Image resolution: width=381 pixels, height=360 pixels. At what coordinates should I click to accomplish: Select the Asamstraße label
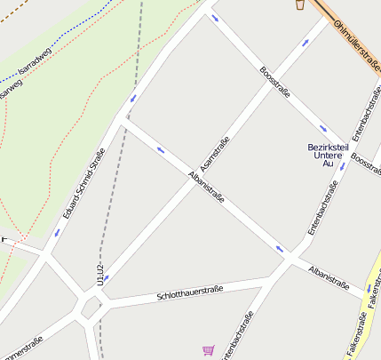(x=215, y=153)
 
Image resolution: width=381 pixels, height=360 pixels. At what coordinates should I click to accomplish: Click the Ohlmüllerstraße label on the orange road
(x=356, y=40)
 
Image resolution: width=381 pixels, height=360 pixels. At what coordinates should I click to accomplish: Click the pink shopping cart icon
(x=208, y=351)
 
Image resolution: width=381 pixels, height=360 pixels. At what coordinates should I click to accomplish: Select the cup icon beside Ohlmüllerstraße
(x=300, y=4)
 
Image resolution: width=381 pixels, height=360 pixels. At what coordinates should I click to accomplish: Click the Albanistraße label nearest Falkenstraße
(x=328, y=276)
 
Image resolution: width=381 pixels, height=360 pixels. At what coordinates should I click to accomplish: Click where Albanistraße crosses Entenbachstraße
(x=290, y=258)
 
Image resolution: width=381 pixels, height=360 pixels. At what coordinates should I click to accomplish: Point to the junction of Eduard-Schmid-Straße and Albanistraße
(x=123, y=122)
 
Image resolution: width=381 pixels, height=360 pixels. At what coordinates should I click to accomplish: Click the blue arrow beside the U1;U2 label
(x=107, y=278)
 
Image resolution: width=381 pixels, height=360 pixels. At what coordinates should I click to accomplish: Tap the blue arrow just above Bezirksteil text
(x=323, y=129)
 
